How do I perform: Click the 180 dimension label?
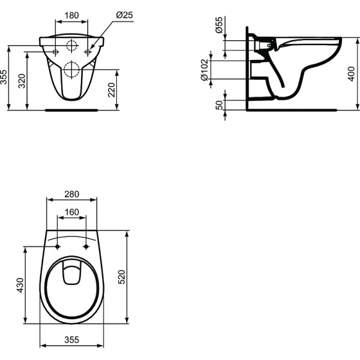pyautogui.click(x=71, y=16)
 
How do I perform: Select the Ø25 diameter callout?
pyautogui.click(x=125, y=15)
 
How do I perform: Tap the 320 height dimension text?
pyautogui.click(x=22, y=81)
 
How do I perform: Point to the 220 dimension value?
pyautogui.click(x=111, y=90)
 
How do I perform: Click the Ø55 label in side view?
pyautogui.click(x=219, y=25)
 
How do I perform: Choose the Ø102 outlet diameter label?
pyautogui.click(x=205, y=70)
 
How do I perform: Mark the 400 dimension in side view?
pyautogui.click(x=351, y=74)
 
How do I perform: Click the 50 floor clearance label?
pyautogui.click(x=220, y=105)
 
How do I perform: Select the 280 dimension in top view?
pyautogui.click(x=71, y=194)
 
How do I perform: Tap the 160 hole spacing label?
pyautogui.click(x=71, y=212)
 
